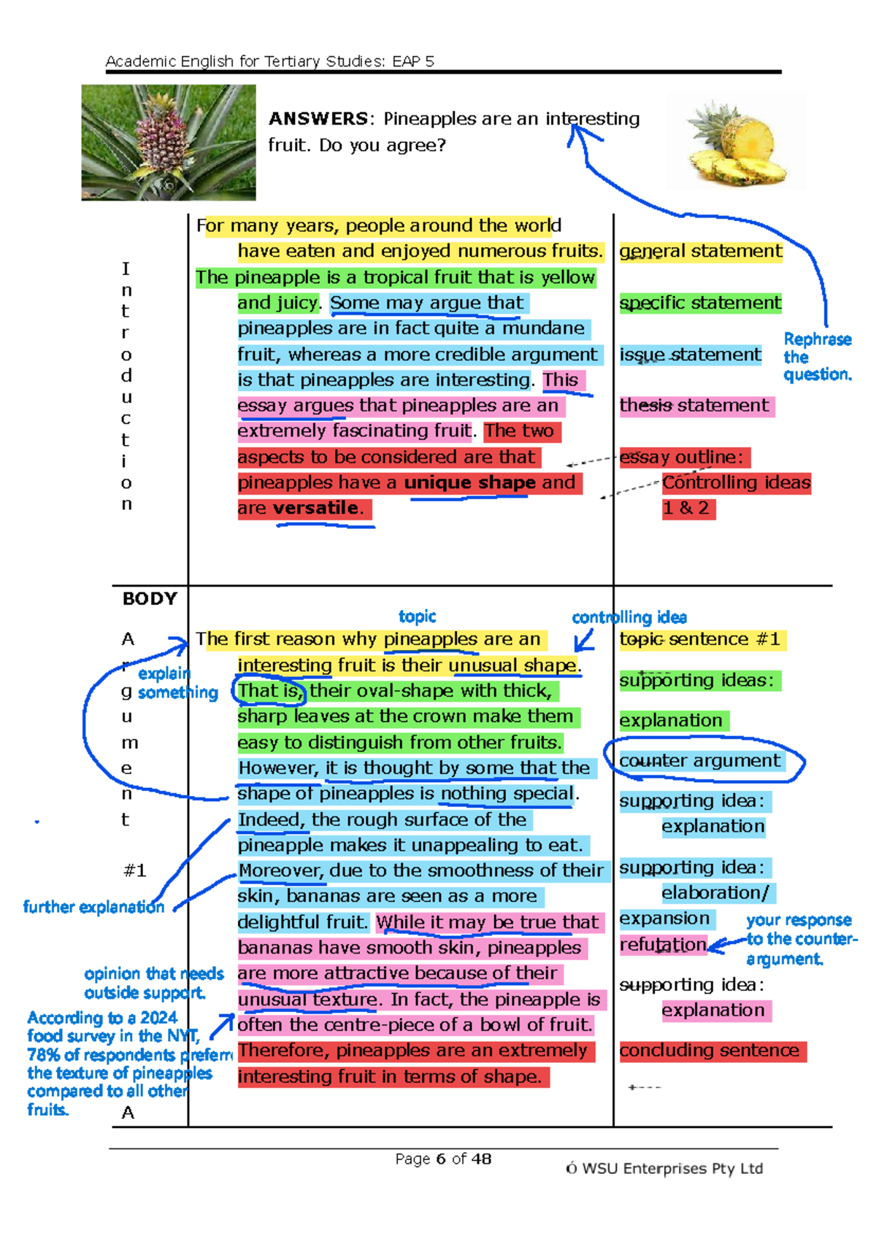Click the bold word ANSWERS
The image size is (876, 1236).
click(318, 119)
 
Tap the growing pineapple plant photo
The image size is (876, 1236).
click(169, 142)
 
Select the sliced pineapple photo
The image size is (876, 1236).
click(737, 142)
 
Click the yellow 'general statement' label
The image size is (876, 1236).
click(701, 251)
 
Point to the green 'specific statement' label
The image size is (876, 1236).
click(700, 303)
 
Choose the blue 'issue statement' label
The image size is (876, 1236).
click(690, 355)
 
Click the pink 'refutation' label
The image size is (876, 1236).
click(663, 945)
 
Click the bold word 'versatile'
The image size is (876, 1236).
click(316, 508)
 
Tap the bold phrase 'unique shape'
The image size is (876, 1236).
click(469, 482)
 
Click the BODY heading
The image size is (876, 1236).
click(150, 599)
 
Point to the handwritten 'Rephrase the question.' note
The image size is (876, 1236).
click(818, 357)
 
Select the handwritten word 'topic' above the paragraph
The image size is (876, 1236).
click(418, 616)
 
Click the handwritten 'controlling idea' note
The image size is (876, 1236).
click(629, 617)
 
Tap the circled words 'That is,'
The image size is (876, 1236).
click(269, 690)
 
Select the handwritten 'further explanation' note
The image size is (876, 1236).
click(94, 907)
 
